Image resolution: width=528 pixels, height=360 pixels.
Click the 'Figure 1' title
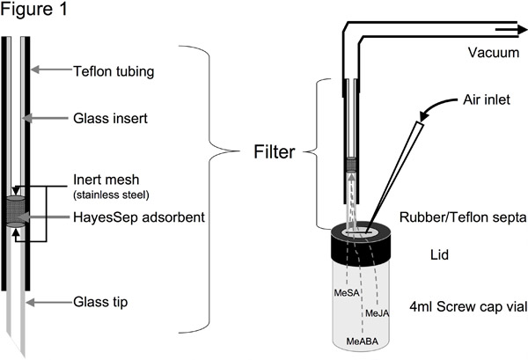(x=34, y=9)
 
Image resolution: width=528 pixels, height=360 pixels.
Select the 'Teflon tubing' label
(x=114, y=71)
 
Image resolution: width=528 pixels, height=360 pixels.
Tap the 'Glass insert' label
(x=111, y=119)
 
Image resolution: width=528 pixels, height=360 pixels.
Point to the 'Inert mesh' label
(x=106, y=180)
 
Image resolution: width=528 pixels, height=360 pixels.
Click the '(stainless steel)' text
(x=111, y=195)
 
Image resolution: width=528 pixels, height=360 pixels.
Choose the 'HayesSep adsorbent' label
(x=139, y=217)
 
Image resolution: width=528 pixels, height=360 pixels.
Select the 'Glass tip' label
(x=100, y=302)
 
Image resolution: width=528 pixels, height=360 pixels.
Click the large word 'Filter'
(x=274, y=151)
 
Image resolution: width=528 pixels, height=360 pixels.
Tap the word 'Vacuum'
(x=494, y=53)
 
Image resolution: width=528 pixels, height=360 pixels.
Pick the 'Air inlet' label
(x=487, y=99)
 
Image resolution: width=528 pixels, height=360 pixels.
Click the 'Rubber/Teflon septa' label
(x=463, y=217)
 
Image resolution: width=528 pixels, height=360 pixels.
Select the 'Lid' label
(x=439, y=255)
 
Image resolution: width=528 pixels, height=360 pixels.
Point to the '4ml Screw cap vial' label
(x=468, y=307)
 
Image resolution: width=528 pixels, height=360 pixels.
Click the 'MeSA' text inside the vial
(x=347, y=292)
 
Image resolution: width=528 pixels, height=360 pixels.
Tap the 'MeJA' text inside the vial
(x=378, y=313)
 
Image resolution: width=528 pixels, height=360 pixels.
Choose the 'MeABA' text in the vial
(x=363, y=342)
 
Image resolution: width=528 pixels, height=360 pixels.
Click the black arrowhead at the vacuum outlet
(x=522, y=30)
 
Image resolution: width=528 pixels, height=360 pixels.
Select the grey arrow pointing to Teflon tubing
(x=52, y=70)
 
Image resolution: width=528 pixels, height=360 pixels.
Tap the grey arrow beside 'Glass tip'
(x=49, y=303)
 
